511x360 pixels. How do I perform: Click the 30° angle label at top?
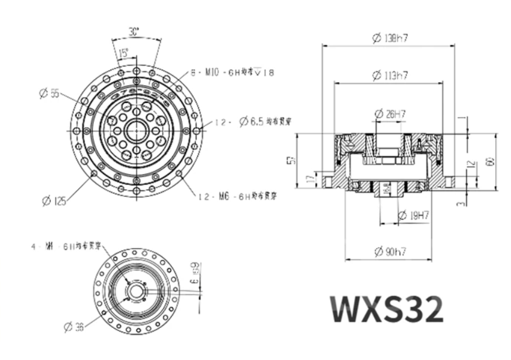[135, 32]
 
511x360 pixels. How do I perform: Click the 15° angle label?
[123, 53]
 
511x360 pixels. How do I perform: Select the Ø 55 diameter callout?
[50, 93]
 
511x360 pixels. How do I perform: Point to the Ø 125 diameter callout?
[54, 201]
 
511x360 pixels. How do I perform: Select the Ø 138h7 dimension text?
[390, 38]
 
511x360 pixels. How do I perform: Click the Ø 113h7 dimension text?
[389, 76]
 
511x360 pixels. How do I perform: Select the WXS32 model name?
[387, 308]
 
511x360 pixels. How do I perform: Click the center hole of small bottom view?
[136, 290]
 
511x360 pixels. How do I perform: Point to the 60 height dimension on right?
[490, 162]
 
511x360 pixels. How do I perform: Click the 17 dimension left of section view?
[309, 178]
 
